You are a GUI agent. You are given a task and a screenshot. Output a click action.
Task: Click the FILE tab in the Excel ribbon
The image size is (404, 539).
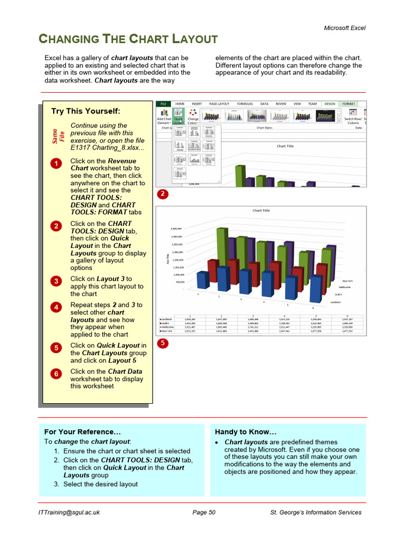point(163,104)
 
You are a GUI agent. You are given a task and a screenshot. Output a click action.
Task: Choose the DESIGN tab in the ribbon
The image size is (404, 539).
point(330,104)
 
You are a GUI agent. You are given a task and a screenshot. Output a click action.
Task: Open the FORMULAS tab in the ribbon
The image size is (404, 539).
point(245,104)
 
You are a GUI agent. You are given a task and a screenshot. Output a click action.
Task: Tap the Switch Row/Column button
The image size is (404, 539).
point(353,117)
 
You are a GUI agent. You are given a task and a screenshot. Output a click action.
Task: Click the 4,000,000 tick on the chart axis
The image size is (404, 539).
point(176,229)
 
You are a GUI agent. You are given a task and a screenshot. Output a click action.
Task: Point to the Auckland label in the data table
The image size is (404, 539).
point(167,320)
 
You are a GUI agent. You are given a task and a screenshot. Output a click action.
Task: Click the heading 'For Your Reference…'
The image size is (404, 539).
point(78,432)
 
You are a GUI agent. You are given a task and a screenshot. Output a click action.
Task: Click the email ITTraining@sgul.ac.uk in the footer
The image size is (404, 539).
point(69,512)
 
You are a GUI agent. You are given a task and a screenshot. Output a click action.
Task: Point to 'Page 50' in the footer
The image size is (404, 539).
point(204,512)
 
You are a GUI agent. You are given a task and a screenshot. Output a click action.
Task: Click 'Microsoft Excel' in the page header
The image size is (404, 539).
point(344,28)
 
